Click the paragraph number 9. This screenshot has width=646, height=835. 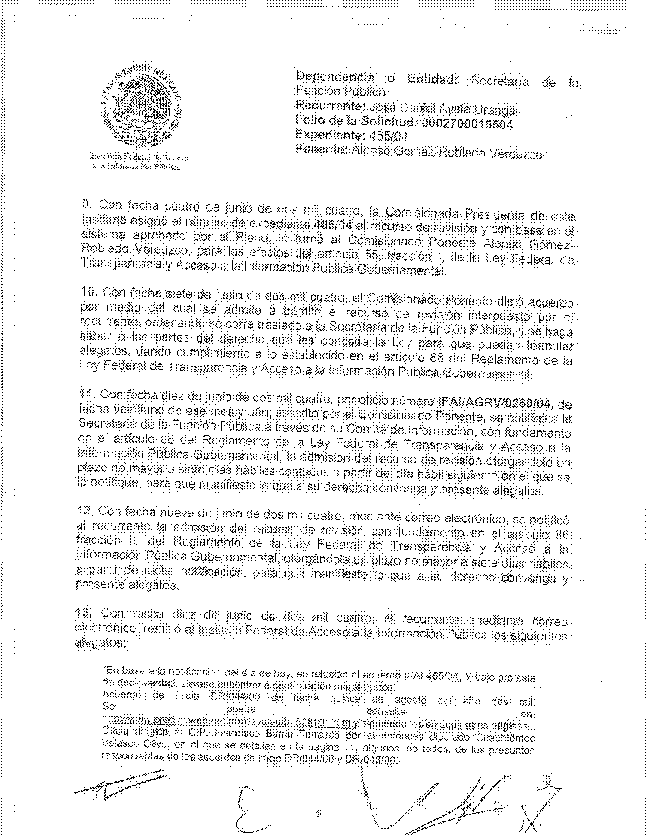87,204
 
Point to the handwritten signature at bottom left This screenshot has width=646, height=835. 118,783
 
